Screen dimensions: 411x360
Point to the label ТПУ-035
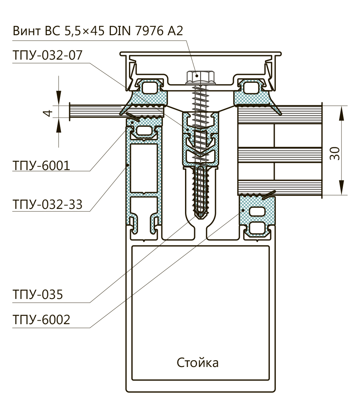(37, 295)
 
